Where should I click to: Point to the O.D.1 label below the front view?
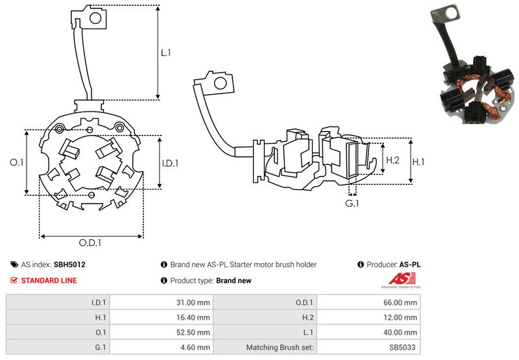coord(91,243)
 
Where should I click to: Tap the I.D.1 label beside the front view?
coord(169,163)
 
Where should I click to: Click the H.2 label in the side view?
coord(392,160)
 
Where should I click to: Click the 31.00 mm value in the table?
coord(195,302)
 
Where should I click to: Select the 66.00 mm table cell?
coord(403,302)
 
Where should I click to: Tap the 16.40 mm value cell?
coord(195,317)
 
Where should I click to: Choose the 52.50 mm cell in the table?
coord(195,332)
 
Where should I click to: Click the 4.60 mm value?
coord(197,347)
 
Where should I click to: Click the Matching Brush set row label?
coord(281,347)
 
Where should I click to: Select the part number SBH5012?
coord(69,265)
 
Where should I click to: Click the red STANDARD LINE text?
coord(49,280)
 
